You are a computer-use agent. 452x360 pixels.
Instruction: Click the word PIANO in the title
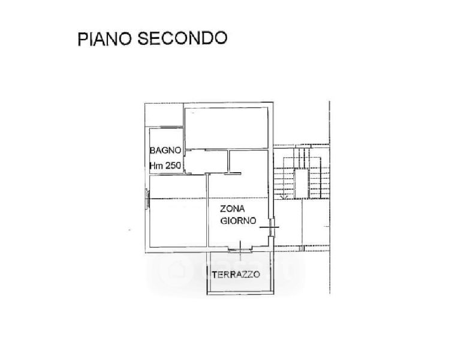point(105,38)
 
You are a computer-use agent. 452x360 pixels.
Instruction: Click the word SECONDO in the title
point(182,38)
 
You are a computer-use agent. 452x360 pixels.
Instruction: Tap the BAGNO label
point(165,150)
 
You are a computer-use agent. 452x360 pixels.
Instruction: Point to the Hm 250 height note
point(165,165)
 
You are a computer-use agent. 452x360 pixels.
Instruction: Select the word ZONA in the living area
point(233,208)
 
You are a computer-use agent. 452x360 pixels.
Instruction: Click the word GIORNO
point(238,221)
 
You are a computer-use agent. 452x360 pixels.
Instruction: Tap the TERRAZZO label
point(236,274)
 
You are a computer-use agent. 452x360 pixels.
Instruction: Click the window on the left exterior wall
point(147,199)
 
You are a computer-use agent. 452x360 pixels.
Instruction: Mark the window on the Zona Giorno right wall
point(271,227)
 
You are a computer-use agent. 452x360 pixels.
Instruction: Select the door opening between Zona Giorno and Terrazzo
point(240,250)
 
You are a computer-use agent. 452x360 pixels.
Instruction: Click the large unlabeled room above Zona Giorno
point(226,128)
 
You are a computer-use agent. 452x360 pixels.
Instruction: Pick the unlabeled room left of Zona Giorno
point(178,211)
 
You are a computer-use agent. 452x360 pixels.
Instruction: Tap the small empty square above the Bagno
point(164,115)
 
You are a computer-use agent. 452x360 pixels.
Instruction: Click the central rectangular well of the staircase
point(302,184)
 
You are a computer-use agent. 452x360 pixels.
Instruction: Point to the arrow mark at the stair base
point(284,197)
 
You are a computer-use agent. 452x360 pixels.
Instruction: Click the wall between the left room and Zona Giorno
point(207,210)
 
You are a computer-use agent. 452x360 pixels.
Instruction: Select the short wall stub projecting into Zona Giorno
point(234,173)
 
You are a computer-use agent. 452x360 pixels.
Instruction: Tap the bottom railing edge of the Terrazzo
point(240,293)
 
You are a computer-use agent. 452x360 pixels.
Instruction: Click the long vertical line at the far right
point(330,197)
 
